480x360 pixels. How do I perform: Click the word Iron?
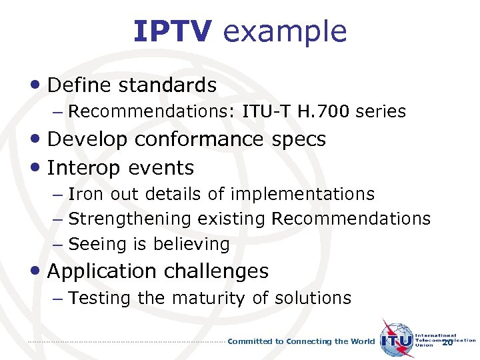coord(85,194)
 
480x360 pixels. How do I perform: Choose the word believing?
coord(191,245)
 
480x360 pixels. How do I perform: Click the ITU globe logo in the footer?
coord(397,339)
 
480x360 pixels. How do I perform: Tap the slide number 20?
coord(447,342)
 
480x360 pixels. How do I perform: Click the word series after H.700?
coord(381,111)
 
